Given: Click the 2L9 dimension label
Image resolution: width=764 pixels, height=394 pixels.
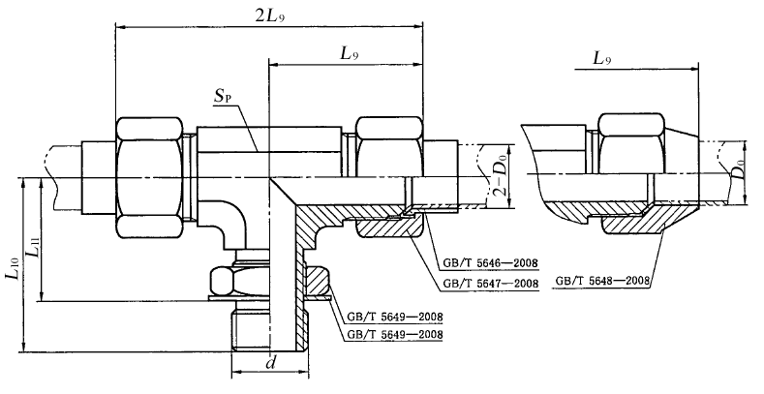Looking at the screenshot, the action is [x=269, y=15].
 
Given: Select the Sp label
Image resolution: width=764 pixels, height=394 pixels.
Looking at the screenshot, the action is [x=223, y=98].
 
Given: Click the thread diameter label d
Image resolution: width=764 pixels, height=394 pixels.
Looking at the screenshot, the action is [x=271, y=363].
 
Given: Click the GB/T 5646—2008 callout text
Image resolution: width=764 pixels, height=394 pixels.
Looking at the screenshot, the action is [x=490, y=263].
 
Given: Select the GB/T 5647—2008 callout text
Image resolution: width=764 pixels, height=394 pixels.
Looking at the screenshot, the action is [x=490, y=284].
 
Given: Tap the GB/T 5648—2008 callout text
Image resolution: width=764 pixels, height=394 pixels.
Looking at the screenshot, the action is [x=603, y=281].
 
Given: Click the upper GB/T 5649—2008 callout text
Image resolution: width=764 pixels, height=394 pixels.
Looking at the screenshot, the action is [x=395, y=318].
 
